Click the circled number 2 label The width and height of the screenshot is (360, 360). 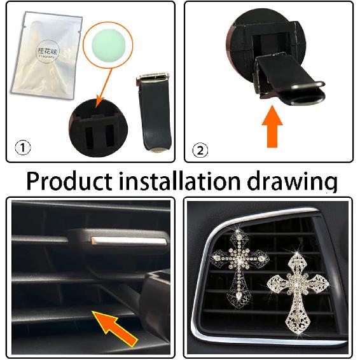[x=200, y=151]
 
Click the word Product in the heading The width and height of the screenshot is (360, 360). [x=68, y=181]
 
